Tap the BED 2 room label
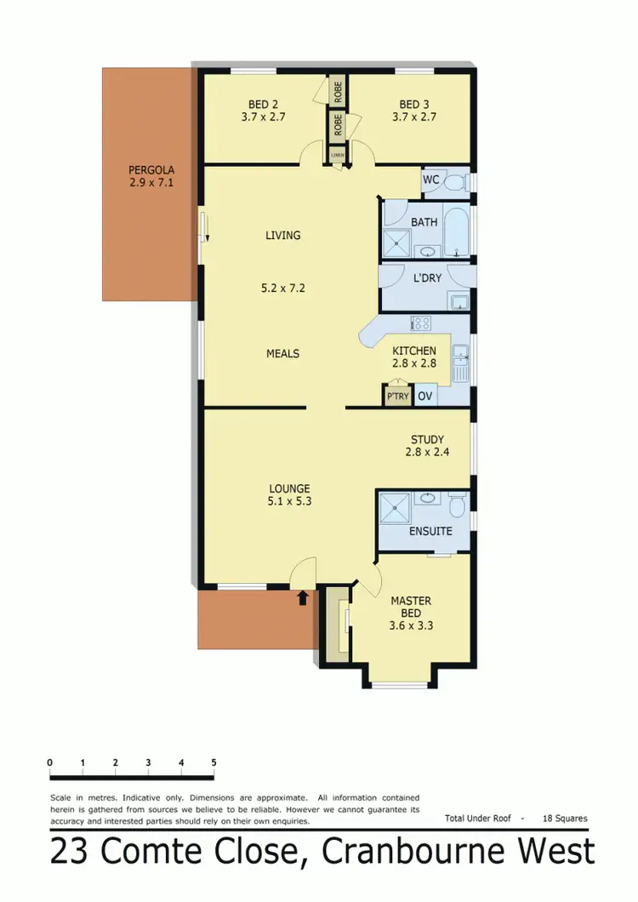click(x=262, y=105)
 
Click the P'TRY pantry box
click(x=396, y=397)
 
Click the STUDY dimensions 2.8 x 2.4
click(x=428, y=453)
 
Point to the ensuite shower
click(x=394, y=507)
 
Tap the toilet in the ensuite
click(x=456, y=508)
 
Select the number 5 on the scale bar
click(x=214, y=762)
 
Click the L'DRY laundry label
click(x=427, y=277)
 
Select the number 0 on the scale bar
click(x=50, y=762)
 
